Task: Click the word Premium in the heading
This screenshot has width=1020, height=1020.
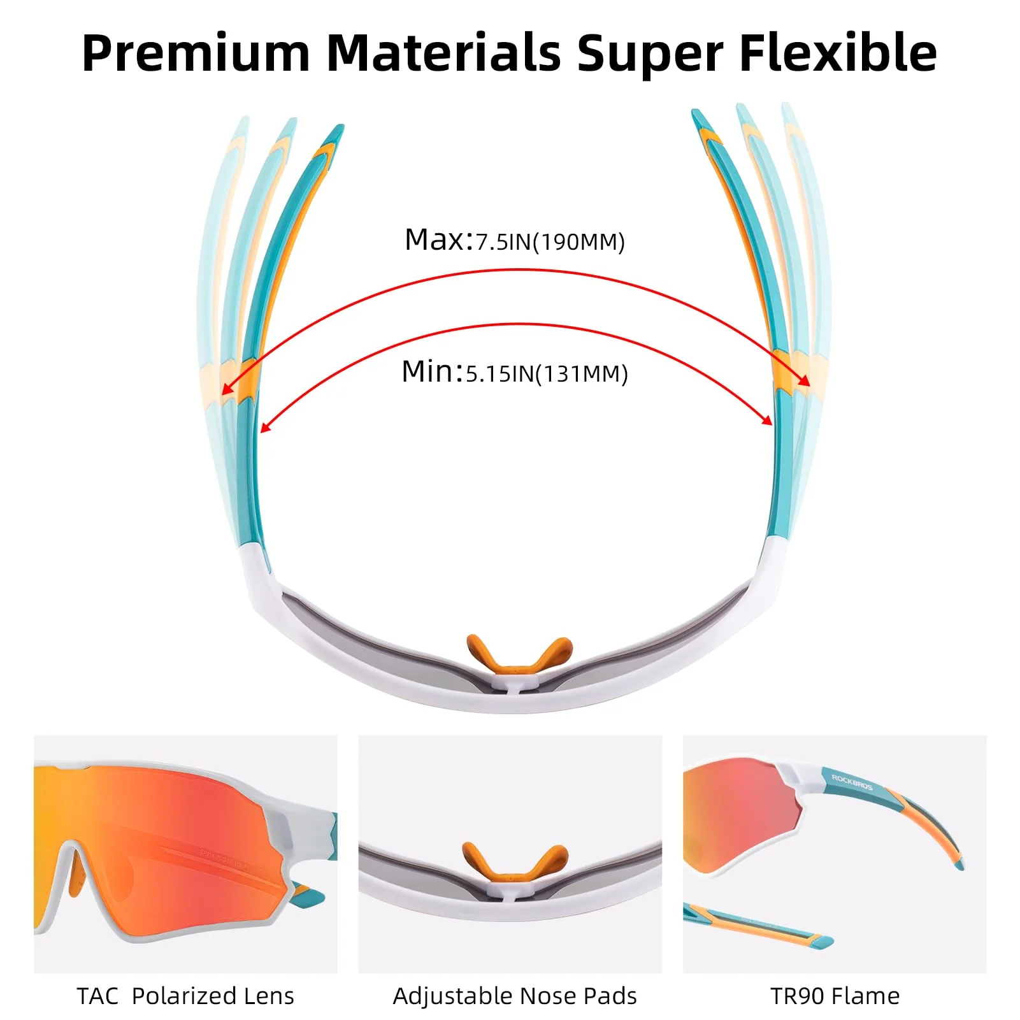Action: coord(196,54)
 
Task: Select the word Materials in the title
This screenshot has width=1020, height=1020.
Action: coord(443,52)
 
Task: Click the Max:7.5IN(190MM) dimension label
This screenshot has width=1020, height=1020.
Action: coord(515,241)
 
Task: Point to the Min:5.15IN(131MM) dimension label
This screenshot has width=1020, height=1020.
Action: coord(515,372)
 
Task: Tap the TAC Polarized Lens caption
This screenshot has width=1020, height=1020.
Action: coord(185,996)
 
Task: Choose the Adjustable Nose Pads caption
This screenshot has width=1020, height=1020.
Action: coord(515,996)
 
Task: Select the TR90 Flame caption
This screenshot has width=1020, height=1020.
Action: coord(835,996)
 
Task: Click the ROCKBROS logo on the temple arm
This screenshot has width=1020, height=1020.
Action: coord(851,782)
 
